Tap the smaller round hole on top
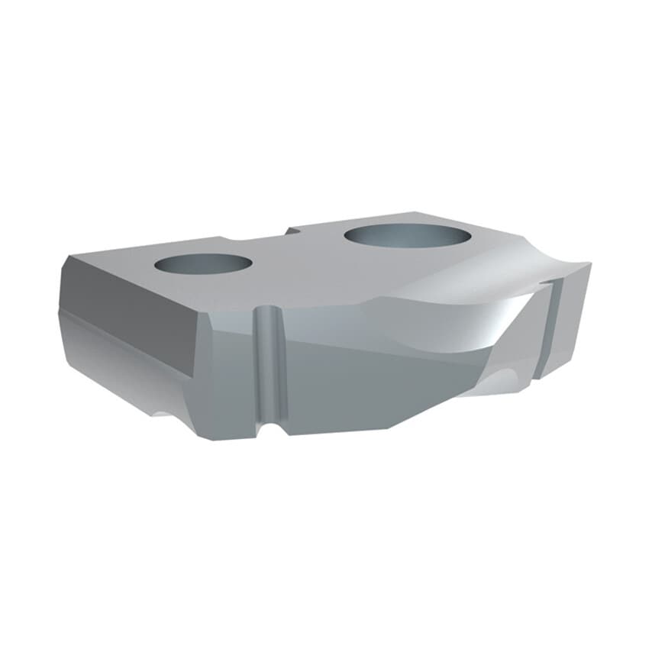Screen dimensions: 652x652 click(202, 263)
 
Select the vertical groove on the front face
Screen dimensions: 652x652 click(266, 366)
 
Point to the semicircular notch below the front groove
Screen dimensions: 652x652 click(266, 428)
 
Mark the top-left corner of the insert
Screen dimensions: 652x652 click(69, 257)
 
